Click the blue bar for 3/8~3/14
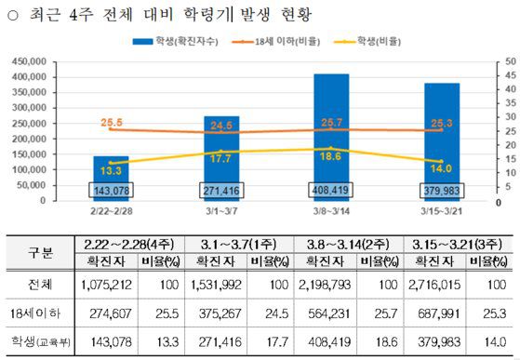(331, 130)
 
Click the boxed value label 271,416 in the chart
(221, 191)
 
